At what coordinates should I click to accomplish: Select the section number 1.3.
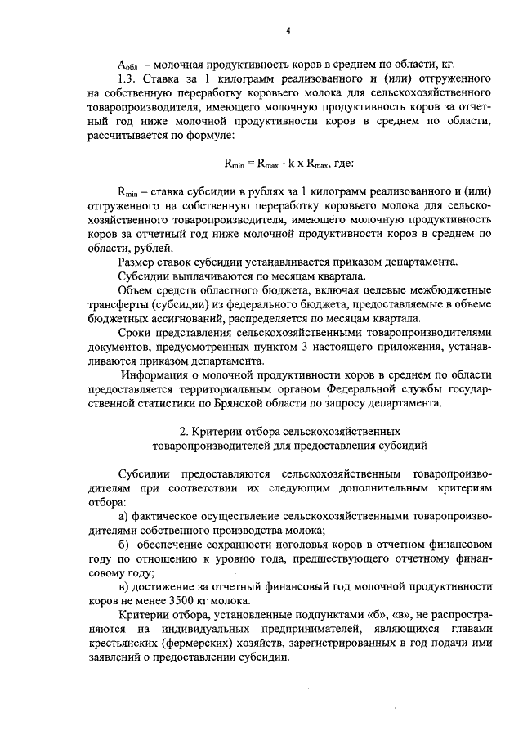[130, 79]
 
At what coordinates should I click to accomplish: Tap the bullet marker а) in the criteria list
[123, 517]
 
